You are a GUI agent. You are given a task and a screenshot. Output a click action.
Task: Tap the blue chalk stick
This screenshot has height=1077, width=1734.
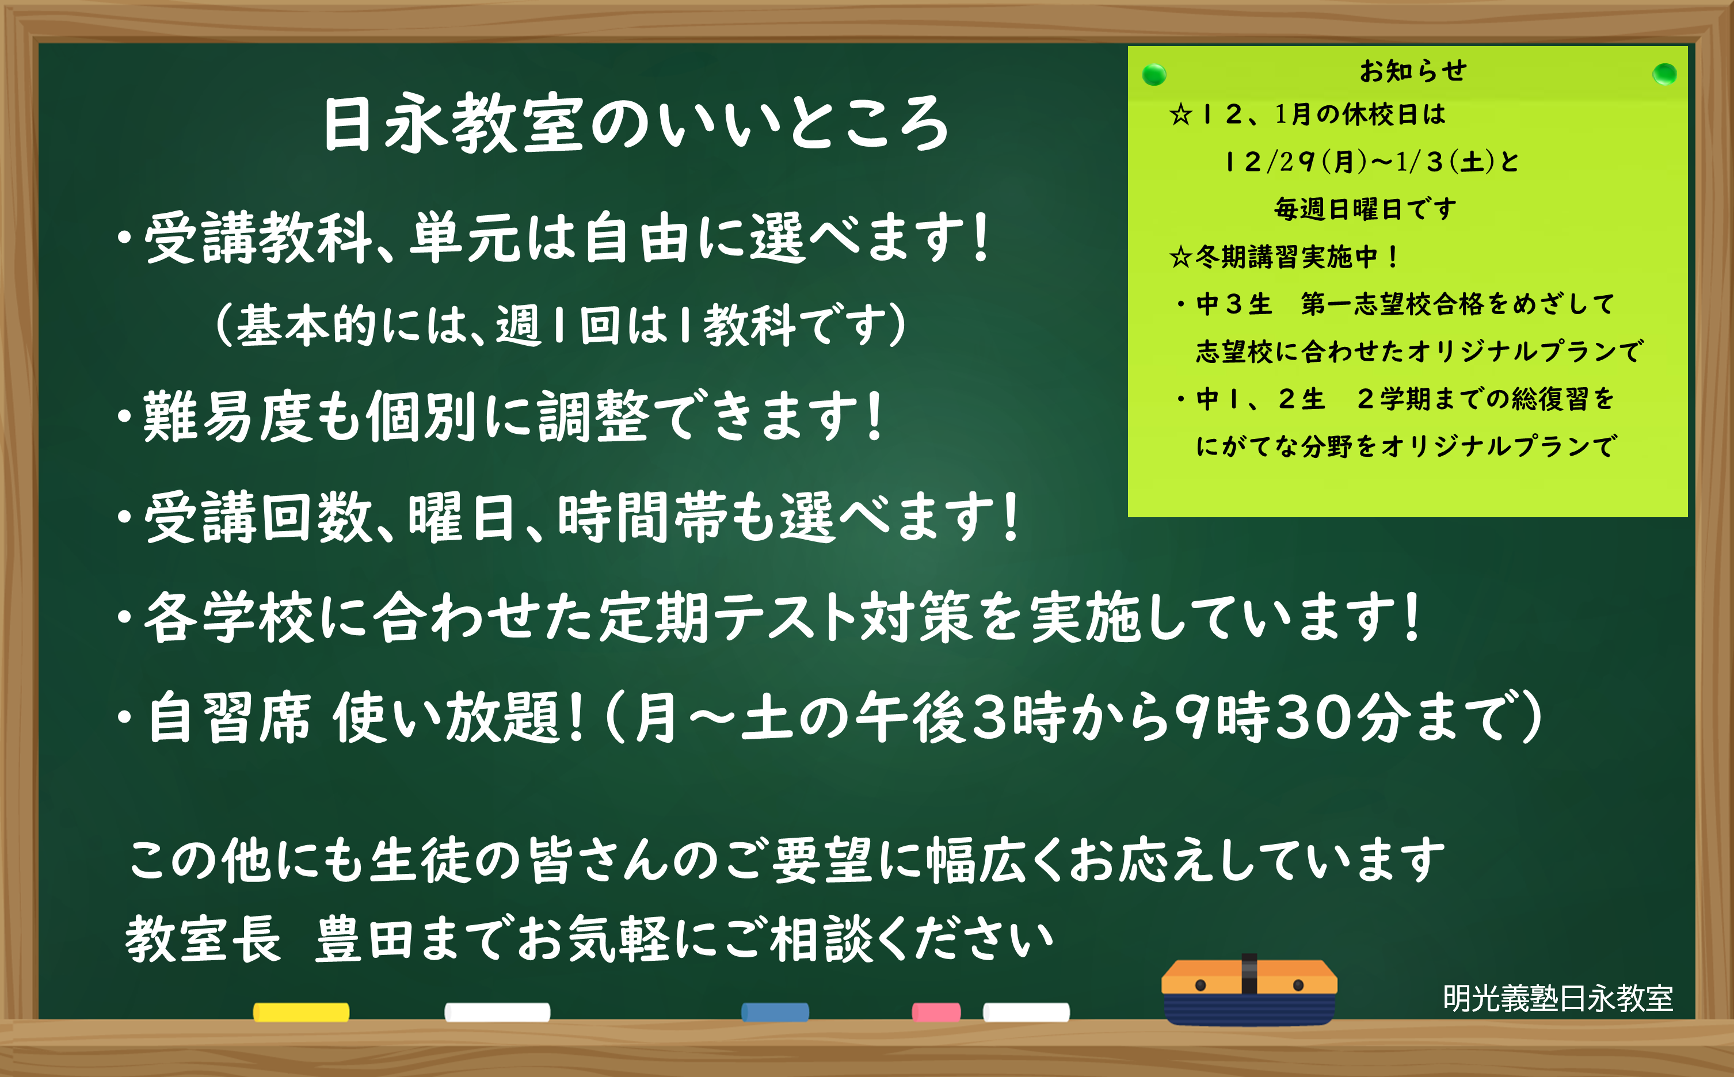click(x=775, y=1012)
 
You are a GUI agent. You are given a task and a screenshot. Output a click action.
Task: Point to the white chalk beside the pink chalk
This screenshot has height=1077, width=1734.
click(x=1026, y=1012)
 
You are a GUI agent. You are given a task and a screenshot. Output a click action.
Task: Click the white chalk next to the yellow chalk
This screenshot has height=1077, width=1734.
click(x=497, y=1012)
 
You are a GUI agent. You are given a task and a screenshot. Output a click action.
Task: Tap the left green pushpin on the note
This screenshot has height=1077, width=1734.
click(x=1153, y=74)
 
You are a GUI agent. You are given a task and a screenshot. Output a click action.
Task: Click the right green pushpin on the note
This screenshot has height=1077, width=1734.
click(x=1664, y=74)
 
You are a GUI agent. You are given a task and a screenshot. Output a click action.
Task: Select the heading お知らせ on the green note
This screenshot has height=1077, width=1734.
click(x=1413, y=71)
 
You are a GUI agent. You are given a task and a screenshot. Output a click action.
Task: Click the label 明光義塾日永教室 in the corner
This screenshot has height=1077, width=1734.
click(x=1557, y=998)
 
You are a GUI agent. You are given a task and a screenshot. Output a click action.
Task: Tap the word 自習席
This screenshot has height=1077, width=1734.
click(x=230, y=718)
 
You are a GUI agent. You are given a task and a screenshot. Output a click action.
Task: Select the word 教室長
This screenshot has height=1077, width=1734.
click(x=203, y=939)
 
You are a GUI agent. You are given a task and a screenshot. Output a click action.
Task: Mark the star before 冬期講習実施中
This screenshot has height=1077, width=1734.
click(x=1180, y=257)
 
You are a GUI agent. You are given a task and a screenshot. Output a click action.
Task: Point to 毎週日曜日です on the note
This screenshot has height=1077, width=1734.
click(x=1365, y=209)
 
